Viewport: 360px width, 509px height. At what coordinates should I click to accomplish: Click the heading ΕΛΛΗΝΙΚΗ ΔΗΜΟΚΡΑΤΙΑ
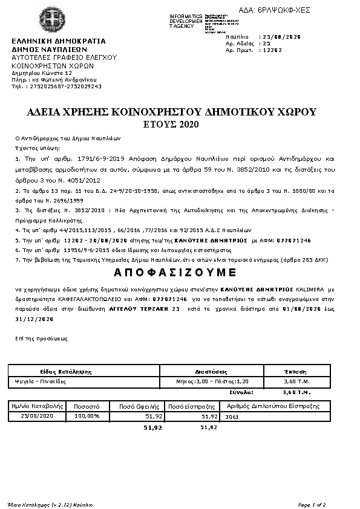tap(59, 41)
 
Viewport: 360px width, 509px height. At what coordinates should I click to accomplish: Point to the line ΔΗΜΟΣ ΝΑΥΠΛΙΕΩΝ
tap(50, 50)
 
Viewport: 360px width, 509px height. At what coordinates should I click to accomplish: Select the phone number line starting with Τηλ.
tap(56, 86)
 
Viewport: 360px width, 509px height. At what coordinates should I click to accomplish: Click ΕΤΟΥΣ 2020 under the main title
tap(180, 125)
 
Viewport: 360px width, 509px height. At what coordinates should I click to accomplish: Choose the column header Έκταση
tap(295, 371)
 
